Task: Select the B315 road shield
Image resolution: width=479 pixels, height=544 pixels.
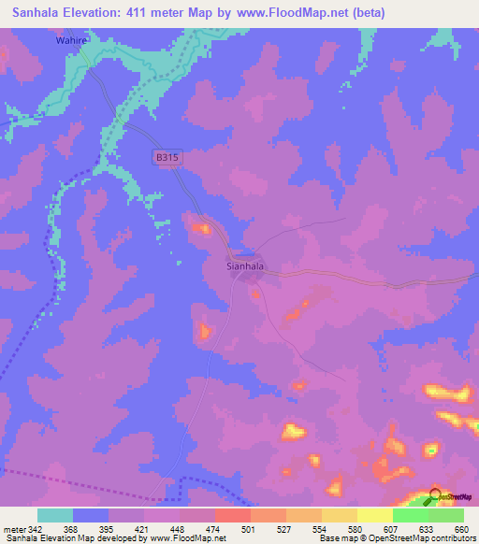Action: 167,158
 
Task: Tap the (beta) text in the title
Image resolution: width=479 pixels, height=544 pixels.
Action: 366,13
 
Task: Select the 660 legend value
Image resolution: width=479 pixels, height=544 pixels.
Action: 461,529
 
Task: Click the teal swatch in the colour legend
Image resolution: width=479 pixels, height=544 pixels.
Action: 55,515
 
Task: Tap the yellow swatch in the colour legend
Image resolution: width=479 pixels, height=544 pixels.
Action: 374,515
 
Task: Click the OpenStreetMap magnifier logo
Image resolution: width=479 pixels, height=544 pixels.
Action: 435,498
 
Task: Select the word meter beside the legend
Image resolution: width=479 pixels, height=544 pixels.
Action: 13,529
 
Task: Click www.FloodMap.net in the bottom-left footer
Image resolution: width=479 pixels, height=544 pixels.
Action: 186,538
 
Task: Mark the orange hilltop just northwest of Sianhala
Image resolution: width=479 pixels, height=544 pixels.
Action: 200,227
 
